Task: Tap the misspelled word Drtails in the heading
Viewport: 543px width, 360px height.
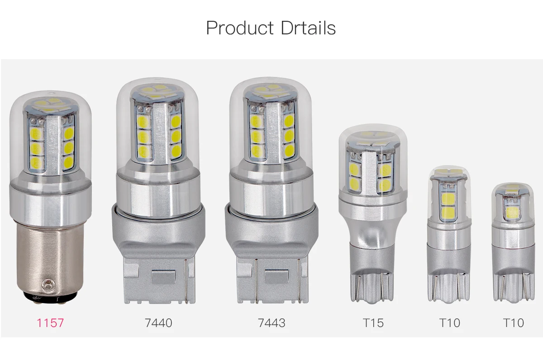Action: click(x=307, y=28)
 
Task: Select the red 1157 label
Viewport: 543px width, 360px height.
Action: click(x=50, y=323)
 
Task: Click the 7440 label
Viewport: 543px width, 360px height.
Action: click(x=158, y=323)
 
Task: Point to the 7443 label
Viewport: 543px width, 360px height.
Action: click(x=271, y=323)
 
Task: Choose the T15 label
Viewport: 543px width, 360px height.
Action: click(x=373, y=323)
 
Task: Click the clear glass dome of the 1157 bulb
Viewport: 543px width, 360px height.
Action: click(x=50, y=131)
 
